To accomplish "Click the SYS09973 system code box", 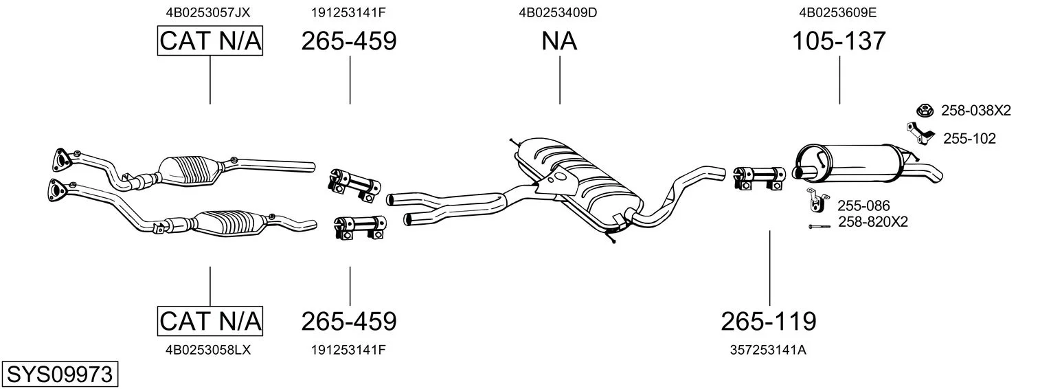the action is pyautogui.click(x=60, y=374).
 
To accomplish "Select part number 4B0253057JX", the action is pyautogui.click(x=208, y=12).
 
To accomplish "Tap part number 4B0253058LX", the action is pyautogui.click(x=208, y=350).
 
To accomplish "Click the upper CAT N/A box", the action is pyautogui.click(x=210, y=41).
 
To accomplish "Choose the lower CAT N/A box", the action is pyautogui.click(x=210, y=322).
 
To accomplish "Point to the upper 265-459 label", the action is pyautogui.click(x=349, y=41).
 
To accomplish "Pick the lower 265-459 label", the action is pyautogui.click(x=349, y=322).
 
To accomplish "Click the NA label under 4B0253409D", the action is pyautogui.click(x=559, y=41).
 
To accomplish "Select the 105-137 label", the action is pyautogui.click(x=839, y=41).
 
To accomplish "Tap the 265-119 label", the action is pyautogui.click(x=769, y=322).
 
